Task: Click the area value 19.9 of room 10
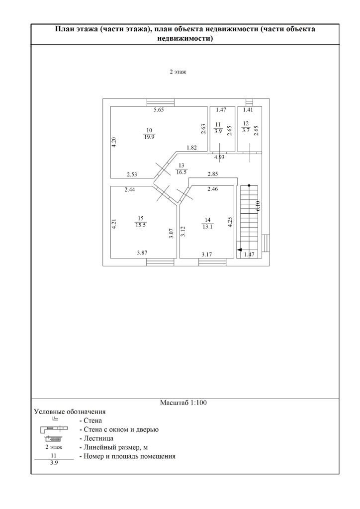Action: (149, 137)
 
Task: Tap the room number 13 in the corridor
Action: (181, 166)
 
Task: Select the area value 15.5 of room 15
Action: (141, 225)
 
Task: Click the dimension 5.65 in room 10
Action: (158, 110)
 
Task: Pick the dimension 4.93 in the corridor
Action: (219, 158)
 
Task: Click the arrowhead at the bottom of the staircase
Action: (240, 250)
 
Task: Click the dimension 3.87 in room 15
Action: (143, 253)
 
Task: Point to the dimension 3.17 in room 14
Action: (207, 254)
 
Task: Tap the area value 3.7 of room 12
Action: (246, 131)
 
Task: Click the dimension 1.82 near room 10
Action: (191, 148)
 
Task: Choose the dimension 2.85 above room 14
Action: (213, 174)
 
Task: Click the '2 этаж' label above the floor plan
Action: (178, 72)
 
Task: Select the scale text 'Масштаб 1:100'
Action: (183, 403)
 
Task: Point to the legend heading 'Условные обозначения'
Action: (70, 412)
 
